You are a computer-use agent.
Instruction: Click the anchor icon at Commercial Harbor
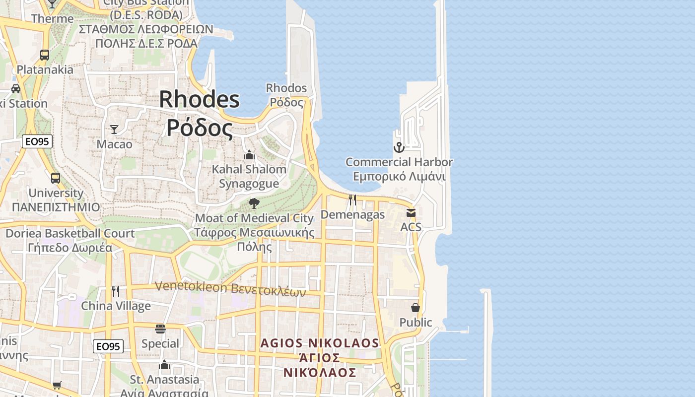pos(399,147)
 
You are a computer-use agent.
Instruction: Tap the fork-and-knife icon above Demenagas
pos(352,200)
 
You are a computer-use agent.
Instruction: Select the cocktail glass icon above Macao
pos(114,130)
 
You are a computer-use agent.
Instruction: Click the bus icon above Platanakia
pos(45,55)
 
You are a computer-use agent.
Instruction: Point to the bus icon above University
pos(56,178)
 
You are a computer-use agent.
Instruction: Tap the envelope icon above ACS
pos(411,213)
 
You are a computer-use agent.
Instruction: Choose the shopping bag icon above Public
pos(416,308)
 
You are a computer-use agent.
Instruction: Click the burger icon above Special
pos(160,329)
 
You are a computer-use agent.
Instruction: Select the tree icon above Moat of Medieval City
pos(254,203)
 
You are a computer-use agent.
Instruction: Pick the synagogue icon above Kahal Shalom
pos(249,155)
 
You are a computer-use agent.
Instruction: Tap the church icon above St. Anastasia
pos(164,366)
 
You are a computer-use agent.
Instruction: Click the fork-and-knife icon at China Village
pos(116,291)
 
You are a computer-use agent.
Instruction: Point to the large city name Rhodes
pos(200,100)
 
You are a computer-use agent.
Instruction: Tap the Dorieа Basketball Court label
pos(69,233)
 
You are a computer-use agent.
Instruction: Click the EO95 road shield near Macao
pos(37,141)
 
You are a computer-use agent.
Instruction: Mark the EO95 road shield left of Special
pos(108,346)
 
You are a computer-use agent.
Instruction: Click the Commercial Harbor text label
pos(399,162)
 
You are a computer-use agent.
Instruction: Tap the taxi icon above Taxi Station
pos(16,89)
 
